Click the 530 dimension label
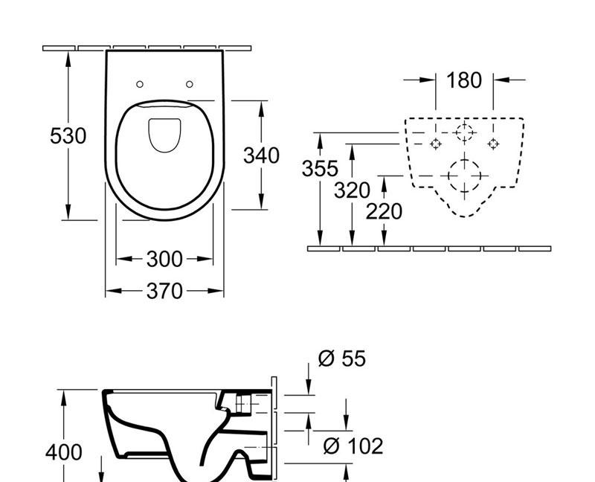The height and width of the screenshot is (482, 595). (68, 136)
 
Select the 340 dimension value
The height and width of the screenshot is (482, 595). (262, 155)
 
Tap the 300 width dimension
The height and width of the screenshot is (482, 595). (164, 259)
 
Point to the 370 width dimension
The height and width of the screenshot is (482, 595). (164, 291)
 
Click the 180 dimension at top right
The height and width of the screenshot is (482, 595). (464, 80)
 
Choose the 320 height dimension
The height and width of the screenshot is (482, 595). (351, 190)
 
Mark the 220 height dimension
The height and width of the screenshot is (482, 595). (384, 212)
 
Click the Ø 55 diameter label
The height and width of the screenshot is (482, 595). (342, 359)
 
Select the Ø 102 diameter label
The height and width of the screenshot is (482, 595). (353, 446)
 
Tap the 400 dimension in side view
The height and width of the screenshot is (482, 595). (64, 452)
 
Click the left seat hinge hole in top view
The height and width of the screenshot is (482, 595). (139, 84)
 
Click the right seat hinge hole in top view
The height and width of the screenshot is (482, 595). (190, 84)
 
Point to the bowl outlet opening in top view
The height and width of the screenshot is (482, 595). (164, 135)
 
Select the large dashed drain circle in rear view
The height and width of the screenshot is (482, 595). (464, 176)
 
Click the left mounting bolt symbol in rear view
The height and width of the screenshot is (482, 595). (436, 144)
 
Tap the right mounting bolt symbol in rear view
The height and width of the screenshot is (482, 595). (492, 143)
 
